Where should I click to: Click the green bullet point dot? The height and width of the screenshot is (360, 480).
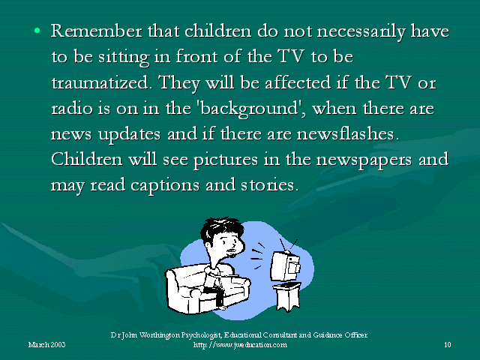(37, 30)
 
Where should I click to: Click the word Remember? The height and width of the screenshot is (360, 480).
(97, 31)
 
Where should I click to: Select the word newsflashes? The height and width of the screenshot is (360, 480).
(348, 133)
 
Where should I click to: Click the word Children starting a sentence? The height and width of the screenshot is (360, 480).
(87, 159)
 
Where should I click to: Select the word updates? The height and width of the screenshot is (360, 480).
(130, 135)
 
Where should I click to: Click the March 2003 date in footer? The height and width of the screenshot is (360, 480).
(46, 345)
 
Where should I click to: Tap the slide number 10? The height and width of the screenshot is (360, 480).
(448, 345)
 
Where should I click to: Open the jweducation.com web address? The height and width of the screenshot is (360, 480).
(240, 345)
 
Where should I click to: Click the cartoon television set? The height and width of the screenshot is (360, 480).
(286, 265)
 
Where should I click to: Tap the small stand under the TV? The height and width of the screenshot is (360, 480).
(287, 296)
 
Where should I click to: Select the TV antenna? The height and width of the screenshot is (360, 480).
(288, 245)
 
